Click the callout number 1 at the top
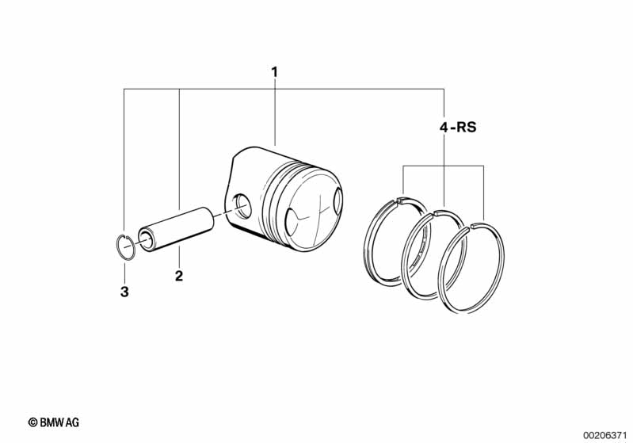pyautogui.click(x=275, y=73)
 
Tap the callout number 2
pyautogui.click(x=179, y=276)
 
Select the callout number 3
pyautogui.click(x=124, y=292)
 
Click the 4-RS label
pyautogui.click(x=458, y=128)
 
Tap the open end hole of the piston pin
pyautogui.click(x=146, y=240)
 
